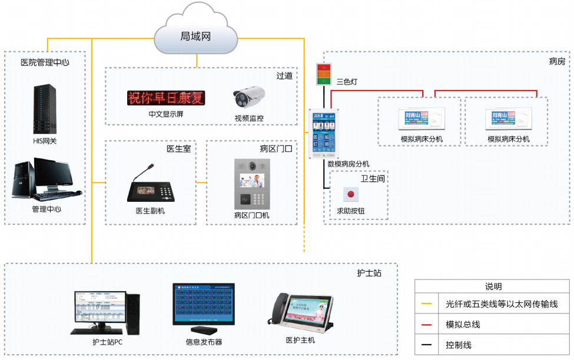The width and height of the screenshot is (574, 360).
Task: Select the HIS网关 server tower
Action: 45,109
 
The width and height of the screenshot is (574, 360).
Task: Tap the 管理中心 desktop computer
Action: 45,179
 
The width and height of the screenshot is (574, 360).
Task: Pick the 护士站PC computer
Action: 107,312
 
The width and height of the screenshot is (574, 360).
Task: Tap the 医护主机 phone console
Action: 300,312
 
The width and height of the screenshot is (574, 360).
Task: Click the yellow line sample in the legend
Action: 426,304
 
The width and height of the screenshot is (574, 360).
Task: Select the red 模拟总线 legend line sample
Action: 426,325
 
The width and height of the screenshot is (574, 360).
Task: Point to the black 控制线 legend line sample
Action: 426,345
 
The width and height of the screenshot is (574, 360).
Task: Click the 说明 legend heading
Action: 493,286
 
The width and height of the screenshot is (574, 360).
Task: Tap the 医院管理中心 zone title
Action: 45,62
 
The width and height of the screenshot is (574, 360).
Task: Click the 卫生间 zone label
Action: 373,178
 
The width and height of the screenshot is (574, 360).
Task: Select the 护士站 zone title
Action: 369,273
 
